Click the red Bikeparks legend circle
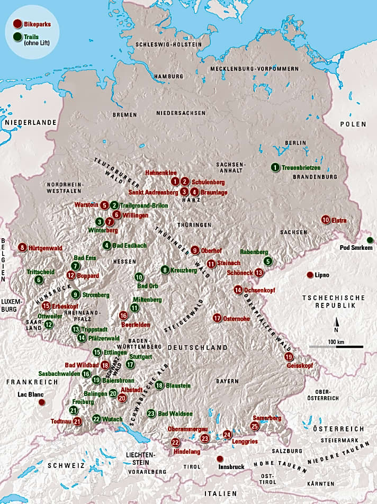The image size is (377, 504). point(18,23)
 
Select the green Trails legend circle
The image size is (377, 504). point(18,38)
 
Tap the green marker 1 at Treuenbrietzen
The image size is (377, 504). point(275,167)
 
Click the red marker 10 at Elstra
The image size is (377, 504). point(326,220)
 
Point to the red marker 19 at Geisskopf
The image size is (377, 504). point(289,357)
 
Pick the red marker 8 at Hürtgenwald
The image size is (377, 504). point(22,247)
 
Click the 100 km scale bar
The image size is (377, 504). point(336,347)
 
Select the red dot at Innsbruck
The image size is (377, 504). point(220,459)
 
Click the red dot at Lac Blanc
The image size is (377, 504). point(41,402)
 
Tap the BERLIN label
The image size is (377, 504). point(295,143)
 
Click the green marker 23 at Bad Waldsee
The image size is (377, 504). point(151,413)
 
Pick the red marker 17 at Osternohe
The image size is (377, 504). point(217,318)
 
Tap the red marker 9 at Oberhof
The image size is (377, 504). point(195,250)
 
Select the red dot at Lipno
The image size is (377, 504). point(309,275)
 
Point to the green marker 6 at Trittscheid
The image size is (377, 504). point(38,280)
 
